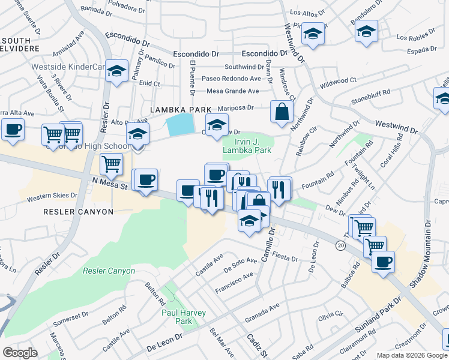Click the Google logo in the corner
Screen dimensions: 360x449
20,352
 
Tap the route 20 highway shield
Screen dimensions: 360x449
341,245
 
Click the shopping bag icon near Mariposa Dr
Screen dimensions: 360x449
282,112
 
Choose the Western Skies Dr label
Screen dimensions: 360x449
49,196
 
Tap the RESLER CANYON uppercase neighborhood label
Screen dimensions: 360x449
78,212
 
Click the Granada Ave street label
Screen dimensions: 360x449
262,308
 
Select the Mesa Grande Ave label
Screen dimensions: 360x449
232,91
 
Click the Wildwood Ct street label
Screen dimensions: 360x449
338,80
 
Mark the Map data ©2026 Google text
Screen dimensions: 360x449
412,355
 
